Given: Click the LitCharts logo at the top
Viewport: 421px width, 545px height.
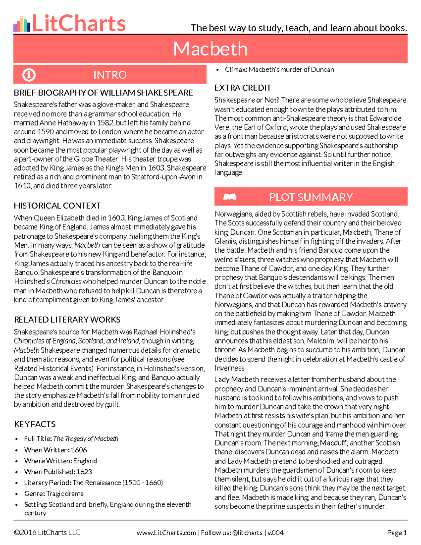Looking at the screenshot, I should tap(69, 23).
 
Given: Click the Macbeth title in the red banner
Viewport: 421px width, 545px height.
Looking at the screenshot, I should tap(210, 49).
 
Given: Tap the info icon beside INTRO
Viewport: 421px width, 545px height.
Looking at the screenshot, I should tap(29, 75).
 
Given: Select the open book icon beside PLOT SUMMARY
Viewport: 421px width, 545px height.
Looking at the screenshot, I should tap(230, 197).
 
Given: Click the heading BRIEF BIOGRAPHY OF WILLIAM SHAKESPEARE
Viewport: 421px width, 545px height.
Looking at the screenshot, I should tap(103, 93).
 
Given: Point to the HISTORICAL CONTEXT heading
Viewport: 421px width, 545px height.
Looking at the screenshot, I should tap(57, 206).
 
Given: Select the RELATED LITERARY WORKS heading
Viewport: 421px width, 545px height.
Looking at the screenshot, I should tap(67, 320).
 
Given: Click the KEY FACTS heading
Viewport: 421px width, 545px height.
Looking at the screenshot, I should tap(35, 424).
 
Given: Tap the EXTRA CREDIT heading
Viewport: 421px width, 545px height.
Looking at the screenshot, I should tap(242, 88).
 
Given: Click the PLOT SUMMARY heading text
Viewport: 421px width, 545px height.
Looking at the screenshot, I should tap(311, 197).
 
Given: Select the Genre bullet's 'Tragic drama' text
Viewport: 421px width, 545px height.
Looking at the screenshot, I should tap(65, 494).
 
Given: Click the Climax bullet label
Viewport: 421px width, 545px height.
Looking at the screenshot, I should tap(236, 69).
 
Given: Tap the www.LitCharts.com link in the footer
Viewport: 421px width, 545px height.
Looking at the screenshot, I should tap(166, 533).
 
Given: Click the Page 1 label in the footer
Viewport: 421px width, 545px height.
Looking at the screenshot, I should tap(396, 533).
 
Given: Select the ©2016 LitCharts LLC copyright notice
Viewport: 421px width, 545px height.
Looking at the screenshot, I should tap(47, 533).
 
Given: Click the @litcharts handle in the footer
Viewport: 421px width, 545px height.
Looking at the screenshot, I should tap(247, 533).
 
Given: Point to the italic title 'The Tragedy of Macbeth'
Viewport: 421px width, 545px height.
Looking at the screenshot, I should tap(86, 439).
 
